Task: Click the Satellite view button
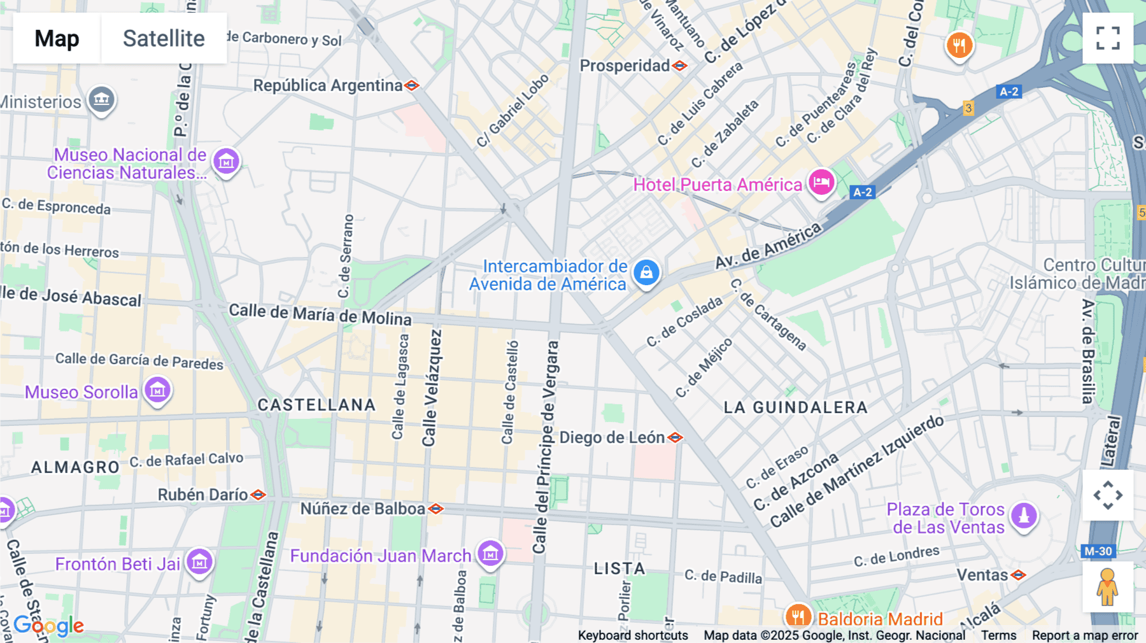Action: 164,38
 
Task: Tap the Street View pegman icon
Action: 1107,587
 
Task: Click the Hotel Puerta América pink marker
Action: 821,183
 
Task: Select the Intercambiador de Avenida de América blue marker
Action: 646,273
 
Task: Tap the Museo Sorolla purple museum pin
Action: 157,390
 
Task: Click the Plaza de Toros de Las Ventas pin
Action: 1024,516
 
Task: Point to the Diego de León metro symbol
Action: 675,437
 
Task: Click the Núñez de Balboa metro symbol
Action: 435,509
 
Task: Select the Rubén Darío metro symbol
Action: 258,495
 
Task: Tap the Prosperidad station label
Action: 624,66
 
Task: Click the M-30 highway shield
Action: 1098,551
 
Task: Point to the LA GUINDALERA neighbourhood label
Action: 795,407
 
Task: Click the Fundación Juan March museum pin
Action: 490,554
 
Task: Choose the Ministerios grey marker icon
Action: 101,100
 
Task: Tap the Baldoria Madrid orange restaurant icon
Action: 797,616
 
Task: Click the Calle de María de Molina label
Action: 320,314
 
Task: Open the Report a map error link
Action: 1084,635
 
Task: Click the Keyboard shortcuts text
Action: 632,635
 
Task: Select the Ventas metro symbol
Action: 1019,575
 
